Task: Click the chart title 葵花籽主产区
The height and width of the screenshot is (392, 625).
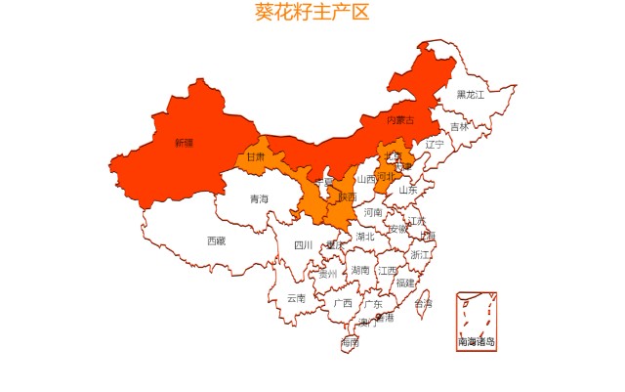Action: [x=312, y=13]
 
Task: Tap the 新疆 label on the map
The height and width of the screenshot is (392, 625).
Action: [x=184, y=143]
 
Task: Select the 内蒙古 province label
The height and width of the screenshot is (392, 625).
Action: [x=400, y=120]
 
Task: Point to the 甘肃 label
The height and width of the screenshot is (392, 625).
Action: [x=255, y=156]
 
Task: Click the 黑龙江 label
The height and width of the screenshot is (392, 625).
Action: [x=471, y=95]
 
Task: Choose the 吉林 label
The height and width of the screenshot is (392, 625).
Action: [x=459, y=127]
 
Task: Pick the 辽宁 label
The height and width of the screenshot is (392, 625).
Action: [x=435, y=145]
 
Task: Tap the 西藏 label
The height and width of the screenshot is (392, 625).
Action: [x=216, y=240]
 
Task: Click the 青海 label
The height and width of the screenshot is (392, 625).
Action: [x=259, y=199]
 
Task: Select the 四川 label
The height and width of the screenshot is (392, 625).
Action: [x=304, y=246]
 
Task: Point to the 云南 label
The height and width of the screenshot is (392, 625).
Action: [x=296, y=299]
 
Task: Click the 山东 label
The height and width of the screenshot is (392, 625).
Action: [x=408, y=191]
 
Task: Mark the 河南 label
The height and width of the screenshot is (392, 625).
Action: [x=373, y=212]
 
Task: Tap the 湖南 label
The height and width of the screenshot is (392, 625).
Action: [x=360, y=271]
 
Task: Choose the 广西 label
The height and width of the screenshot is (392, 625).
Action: [x=343, y=303]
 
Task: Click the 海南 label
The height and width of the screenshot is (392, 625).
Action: [x=350, y=343]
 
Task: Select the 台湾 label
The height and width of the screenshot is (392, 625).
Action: [x=423, y=304]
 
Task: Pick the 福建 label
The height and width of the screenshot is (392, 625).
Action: [x=405, y=283]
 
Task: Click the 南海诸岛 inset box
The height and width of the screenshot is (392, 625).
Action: [x=477, y=321]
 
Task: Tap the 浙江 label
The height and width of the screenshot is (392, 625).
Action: [x=420, y=255]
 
